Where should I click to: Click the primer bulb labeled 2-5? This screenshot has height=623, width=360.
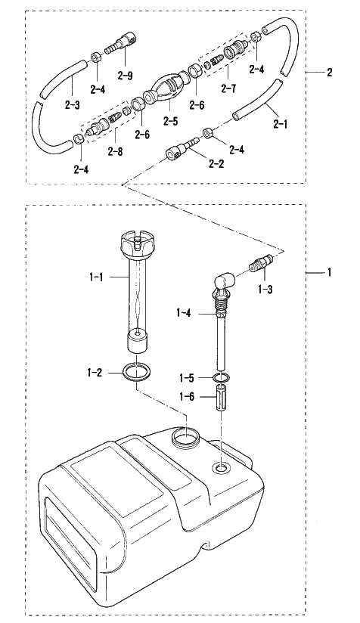click(167, 88)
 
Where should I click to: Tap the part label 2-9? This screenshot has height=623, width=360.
click(125, 76)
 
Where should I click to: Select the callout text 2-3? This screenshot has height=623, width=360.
click(72, 105)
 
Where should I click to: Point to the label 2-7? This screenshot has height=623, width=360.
click(228, 88)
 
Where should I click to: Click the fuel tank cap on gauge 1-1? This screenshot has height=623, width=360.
click(137, 246)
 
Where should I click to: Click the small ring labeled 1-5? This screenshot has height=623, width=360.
click(221, 377)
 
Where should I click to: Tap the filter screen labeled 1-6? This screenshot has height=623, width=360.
click(222, 398)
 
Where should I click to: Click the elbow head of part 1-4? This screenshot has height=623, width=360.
click(225, 282)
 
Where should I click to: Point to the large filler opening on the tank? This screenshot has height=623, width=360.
click(186, 439)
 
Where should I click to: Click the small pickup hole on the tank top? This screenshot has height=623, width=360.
click(222, 468)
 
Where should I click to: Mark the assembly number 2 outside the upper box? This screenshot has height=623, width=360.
click(330, 73)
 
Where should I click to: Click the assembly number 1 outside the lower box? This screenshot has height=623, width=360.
click(329, 272)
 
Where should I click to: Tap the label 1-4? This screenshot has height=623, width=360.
click(183, 314)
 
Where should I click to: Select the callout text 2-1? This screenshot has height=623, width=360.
click(280, 124)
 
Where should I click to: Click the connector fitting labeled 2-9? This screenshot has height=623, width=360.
click(123, 45)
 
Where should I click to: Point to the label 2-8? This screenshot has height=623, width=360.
click(115, 151)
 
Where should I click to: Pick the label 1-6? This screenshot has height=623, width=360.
click(186, 396)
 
